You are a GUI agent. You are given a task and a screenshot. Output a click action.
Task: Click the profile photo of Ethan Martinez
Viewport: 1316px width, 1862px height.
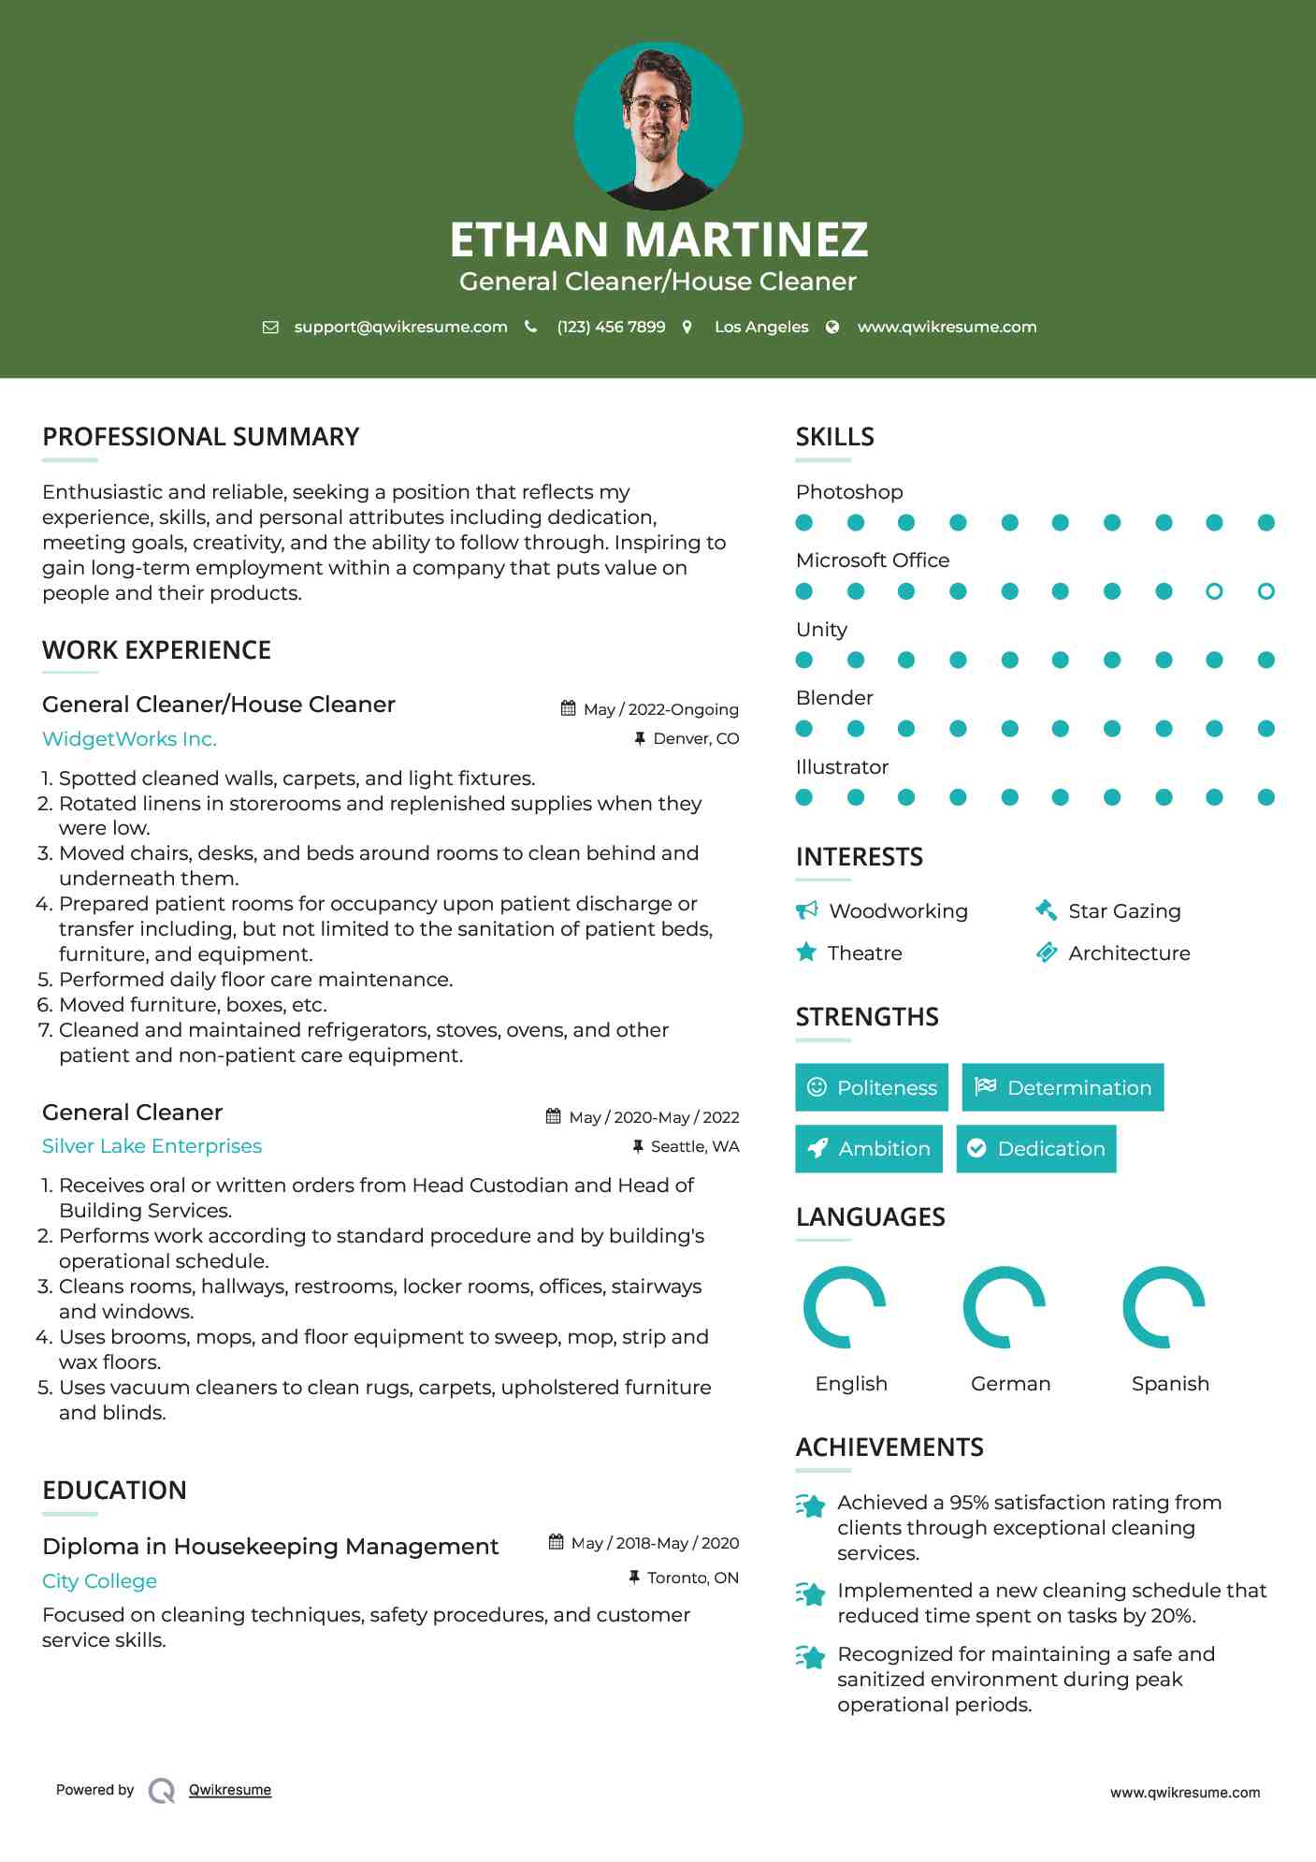point(658,125)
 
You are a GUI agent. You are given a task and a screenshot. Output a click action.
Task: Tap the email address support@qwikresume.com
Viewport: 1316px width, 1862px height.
point(400,327)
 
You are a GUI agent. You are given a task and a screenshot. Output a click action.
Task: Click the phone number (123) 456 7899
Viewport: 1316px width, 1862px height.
point(611,327)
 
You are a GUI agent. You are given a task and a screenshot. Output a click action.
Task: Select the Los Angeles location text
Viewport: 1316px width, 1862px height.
point(761,327)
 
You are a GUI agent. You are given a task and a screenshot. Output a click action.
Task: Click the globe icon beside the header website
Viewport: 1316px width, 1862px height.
point(832,327)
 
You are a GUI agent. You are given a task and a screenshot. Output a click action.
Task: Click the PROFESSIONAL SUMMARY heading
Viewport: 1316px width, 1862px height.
point(201,437)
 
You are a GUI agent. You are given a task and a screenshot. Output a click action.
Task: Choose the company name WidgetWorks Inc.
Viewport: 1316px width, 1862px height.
point(129,739)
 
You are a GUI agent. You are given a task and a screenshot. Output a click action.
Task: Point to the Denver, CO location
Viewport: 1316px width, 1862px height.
point(696,738)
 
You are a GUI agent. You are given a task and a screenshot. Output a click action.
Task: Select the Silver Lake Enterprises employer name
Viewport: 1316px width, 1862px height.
point(152,1146)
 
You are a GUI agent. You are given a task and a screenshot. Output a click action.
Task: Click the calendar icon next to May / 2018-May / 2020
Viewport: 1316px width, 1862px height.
point(556,1542)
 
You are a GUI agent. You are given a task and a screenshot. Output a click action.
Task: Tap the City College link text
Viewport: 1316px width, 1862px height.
point(99,1581)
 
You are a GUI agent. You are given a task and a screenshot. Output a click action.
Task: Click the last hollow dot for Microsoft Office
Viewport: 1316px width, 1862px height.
point(1266,591)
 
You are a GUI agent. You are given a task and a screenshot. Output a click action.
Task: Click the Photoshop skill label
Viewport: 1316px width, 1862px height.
point(849,492)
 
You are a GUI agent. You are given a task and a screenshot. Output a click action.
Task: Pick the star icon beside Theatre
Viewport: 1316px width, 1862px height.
point(806,953)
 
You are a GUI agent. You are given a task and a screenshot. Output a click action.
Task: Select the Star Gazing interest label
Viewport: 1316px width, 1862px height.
point(1124,911)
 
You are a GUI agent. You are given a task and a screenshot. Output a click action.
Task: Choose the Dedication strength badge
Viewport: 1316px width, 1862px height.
point(1036,1148)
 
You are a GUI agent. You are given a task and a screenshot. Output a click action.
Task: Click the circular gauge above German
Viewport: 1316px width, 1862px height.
point(1005,1307)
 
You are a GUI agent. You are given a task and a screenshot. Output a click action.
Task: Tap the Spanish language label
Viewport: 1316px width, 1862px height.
point(1170,1384)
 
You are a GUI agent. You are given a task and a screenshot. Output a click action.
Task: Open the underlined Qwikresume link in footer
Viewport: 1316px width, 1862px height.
point(230,1790)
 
